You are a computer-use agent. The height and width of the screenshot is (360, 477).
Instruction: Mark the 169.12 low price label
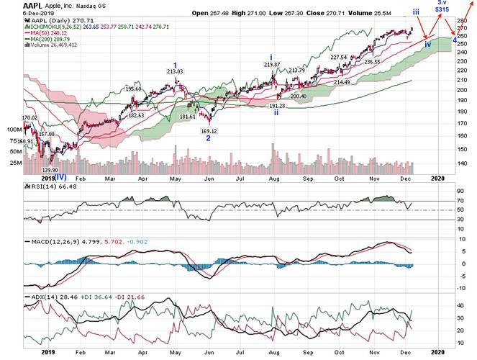[208, 130]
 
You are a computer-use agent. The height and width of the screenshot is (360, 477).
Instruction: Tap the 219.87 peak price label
[271, 65]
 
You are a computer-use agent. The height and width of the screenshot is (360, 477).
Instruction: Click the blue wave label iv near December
[428, 45]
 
